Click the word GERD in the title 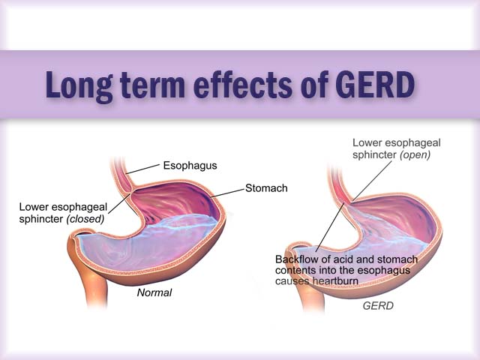(x=375, y=85)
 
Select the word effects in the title (x=243, y=85)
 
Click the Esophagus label (x=190, y=166)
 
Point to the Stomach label (x=266, y=188)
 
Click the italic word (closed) (x=85, y=219)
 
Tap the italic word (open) (x=415, y=155)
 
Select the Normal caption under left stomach (x=154, y=292)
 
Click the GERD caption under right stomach (x=378, y=306)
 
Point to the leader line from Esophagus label (x=142, y=169)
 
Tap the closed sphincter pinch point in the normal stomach (x=130, y=193)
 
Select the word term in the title (x=152, y=85)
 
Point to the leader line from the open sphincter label (x=372, y=181)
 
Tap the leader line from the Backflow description (x=330, y=226)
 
